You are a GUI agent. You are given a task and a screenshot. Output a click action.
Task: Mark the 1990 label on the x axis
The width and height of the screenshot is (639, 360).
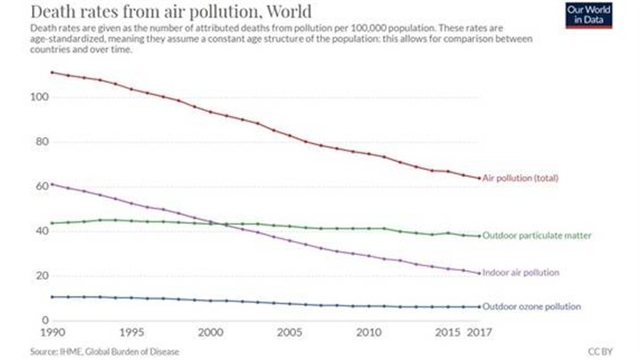click(52, 333)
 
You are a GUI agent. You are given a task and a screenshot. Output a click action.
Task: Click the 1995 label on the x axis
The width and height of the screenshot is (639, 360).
click(131, 333)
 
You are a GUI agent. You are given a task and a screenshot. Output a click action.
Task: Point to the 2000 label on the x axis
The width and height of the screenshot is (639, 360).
click(210, 333)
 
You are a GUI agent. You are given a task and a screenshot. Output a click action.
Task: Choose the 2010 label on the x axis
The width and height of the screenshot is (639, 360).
click(368, 333)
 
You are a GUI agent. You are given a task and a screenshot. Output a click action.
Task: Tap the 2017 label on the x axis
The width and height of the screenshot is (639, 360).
click(480, 333)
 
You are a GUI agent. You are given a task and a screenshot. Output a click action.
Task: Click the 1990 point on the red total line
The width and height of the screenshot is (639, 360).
click(52, 73)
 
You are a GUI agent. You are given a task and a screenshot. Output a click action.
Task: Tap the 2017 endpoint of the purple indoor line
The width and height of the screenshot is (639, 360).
click(480, 273)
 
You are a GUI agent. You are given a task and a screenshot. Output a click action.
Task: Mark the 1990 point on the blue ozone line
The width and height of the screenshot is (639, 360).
click(52, 297)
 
